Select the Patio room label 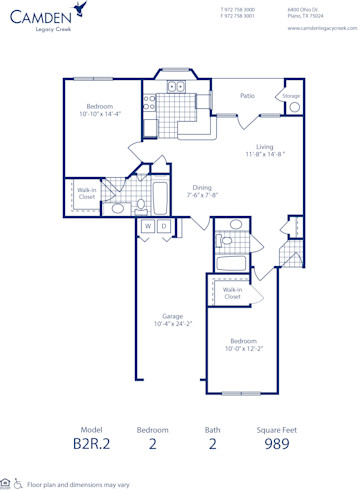click(246, 96)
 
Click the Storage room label click(290, 96)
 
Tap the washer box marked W click(147, 227)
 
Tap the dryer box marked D click(163, 227)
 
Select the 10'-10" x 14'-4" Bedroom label click(98, 110)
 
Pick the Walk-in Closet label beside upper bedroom click(87, 194)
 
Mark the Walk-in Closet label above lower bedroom click(232, 293)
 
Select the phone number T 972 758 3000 click(237, 9)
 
